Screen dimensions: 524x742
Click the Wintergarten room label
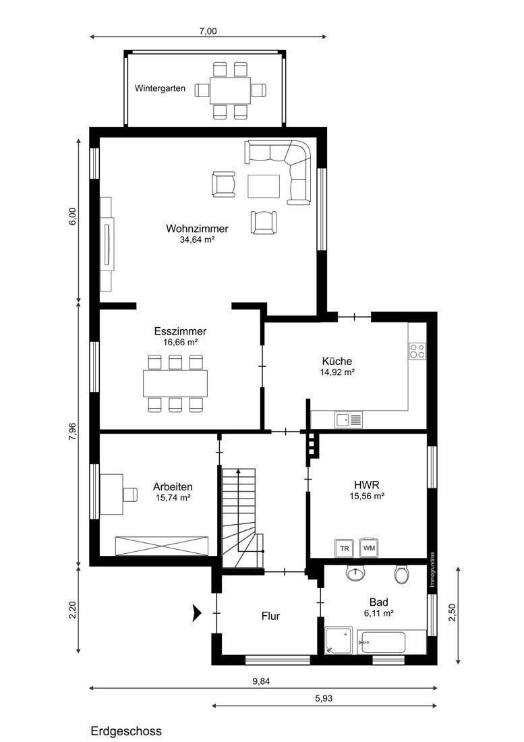(160, 88)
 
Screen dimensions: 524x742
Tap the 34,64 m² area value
(197, 239)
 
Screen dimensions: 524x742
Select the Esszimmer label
(180, 331)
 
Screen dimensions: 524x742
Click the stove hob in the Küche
(417, 351)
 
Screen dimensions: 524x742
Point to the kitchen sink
(349, 419)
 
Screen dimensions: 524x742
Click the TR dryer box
(345, 548)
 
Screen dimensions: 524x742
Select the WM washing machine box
(370, 548)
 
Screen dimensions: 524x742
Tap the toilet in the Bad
(401, 573)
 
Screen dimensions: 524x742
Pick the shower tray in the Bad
(339, 640)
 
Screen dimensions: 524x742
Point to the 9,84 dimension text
(261, 681)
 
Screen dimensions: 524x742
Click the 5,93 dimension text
(324, 698)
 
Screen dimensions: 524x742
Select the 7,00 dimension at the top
(208, 32)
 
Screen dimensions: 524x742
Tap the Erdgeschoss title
(126, 731)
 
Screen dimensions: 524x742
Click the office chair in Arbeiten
(130, 494)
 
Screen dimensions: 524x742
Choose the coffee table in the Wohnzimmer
(264, 186)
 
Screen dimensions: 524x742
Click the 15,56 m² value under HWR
(366, 496)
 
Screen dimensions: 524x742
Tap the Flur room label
(271, 616)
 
